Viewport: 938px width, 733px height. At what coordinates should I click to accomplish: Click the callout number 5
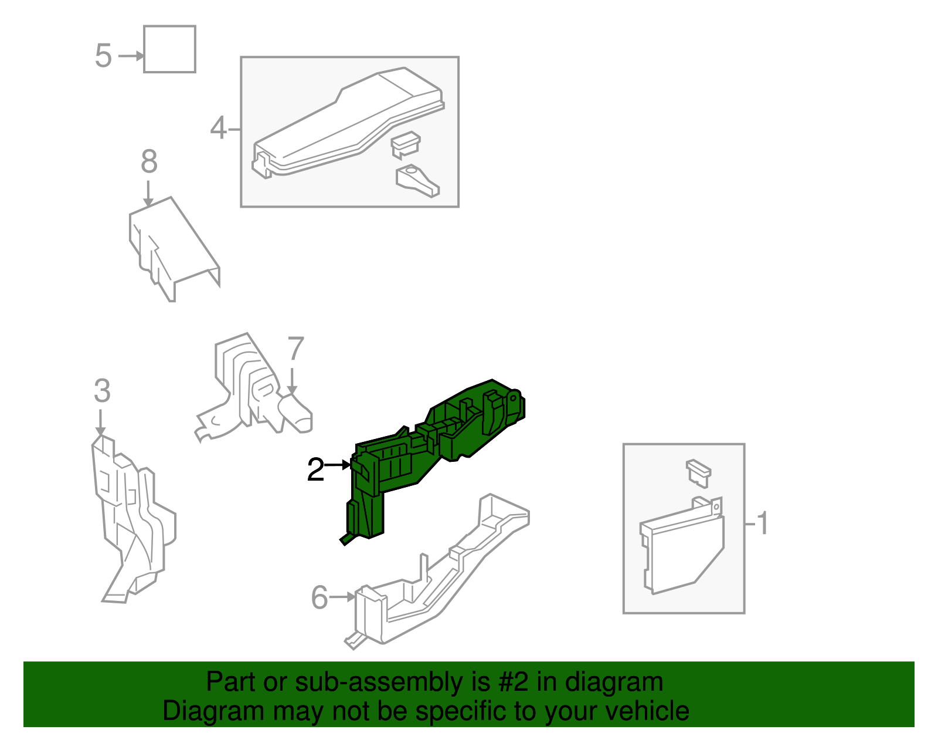click(x=103, y=56)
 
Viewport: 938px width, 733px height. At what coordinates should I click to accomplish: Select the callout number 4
click(x=219, y=128)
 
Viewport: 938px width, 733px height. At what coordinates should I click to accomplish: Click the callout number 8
click(x=149, y=161)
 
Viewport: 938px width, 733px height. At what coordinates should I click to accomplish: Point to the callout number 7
click(x=295, y=348)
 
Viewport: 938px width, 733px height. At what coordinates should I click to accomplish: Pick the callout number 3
click(x=103, y=390)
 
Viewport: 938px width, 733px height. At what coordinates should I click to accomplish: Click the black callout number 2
click(x=315, y=469)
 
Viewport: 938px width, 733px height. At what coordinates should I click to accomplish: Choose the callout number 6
click(x=320, y=597)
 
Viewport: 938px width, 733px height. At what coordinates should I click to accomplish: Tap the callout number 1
click(x=763, y=523)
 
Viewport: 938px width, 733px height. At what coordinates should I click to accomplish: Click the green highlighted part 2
click(x=414, y=454)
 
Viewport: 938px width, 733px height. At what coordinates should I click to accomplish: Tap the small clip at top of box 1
click(x=698, y=473)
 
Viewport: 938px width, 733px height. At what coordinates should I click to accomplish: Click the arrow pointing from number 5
click(x=131, y=56)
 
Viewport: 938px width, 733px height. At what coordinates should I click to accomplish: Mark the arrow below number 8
click(x=148, y=194)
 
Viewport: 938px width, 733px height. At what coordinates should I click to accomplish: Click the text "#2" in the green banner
click(x=513, y=681)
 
